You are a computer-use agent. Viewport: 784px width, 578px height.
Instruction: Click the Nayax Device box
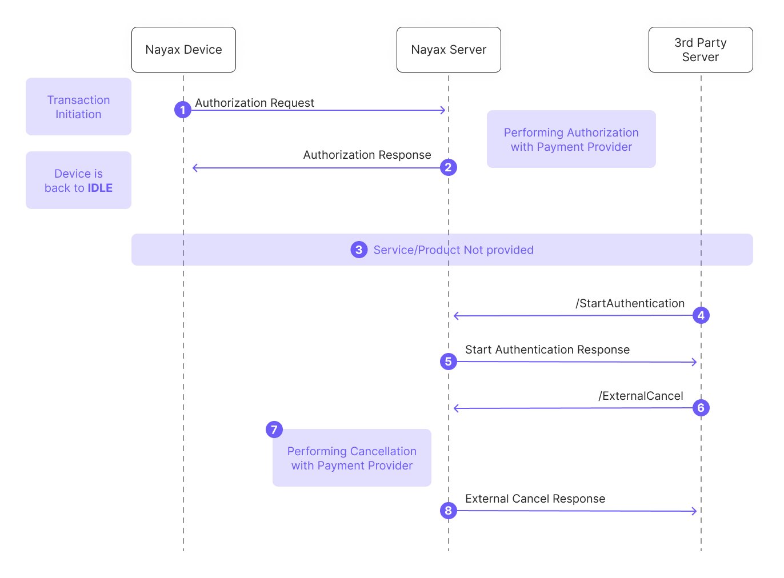point(184,50)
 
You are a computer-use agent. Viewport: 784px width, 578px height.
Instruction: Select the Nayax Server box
point(449,50)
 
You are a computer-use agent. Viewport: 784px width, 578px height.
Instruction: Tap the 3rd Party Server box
point(701,50)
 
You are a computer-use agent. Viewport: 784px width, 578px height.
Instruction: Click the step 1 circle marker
point(183,110)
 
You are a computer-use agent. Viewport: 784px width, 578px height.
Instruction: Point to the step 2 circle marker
point(449,167)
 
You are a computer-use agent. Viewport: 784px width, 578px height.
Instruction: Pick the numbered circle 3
point(359,250)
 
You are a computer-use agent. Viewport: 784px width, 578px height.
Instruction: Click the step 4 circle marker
point(701,315)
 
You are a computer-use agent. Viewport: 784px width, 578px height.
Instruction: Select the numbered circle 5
point(449,362)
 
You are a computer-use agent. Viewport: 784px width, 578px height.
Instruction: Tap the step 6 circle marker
point(701,408)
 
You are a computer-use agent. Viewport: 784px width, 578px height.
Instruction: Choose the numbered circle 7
point(274,430)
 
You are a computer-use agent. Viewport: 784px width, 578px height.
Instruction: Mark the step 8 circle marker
point(449,511)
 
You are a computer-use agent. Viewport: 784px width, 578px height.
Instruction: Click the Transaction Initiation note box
point(78,106)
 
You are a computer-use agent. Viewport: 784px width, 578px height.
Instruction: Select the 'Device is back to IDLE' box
point(78,180)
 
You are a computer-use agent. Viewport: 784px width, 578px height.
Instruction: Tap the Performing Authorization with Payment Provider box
point(571,139)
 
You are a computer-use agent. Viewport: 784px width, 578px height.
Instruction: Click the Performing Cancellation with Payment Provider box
point(352,457)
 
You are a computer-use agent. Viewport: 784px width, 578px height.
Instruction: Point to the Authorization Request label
point(254,103)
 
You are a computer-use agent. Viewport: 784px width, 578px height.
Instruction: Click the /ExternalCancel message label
point(641,396)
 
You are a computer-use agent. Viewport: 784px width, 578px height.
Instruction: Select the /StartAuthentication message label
point(630,303)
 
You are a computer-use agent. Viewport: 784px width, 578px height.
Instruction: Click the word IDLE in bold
point(100,188)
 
